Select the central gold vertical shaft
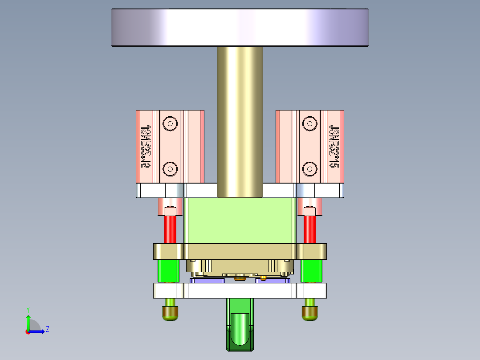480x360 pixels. tap(240, 120)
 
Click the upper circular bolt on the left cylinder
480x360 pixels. tap(170, 123)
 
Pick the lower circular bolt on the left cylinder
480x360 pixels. tap(170, 168)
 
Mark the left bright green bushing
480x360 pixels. tap(169, 271)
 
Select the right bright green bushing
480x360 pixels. tap(311, 271)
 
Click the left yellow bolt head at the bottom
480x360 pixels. tap(171, 313)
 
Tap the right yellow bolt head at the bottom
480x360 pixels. tap(310, 313)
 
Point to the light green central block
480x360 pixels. tap(240, 221)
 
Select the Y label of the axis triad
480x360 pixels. tap(28, 309)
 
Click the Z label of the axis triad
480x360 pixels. tap(47, 329)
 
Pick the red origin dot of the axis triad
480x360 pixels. tap(28, 331)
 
